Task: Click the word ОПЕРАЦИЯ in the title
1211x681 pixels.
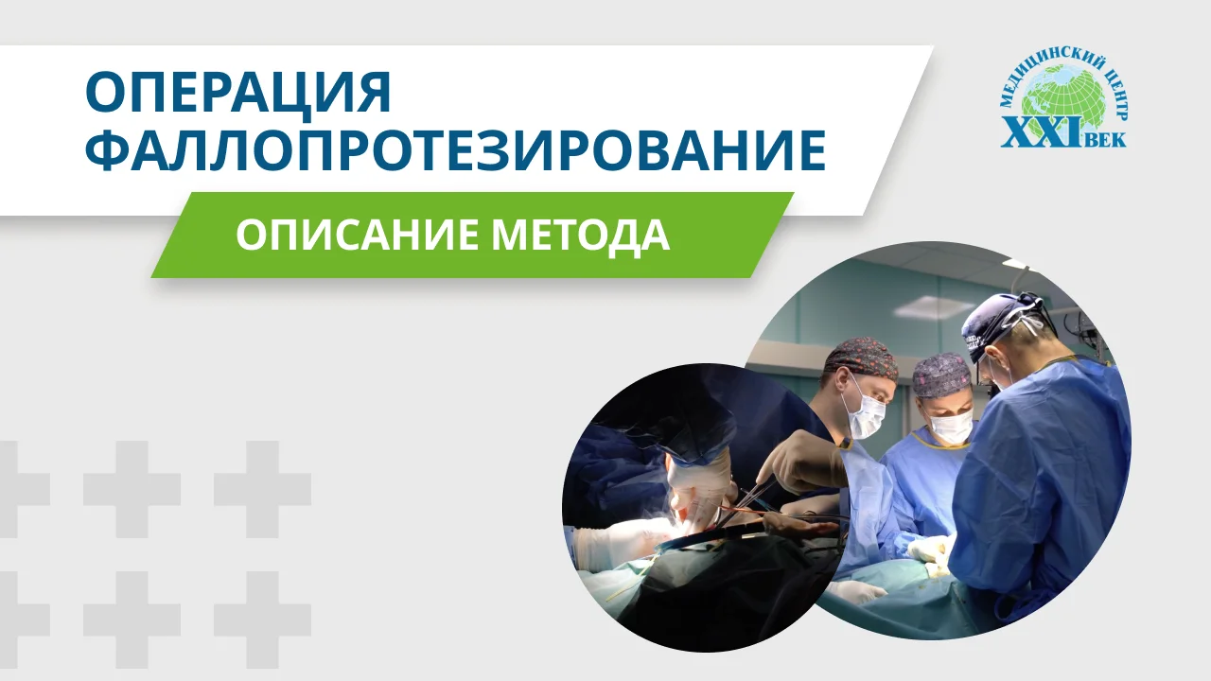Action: pos(237,93)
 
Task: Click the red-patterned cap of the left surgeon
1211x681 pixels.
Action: pos(860,357)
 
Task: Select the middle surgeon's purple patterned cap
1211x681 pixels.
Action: pos(942,374)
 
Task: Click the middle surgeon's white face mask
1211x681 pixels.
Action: pos(951,427)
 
